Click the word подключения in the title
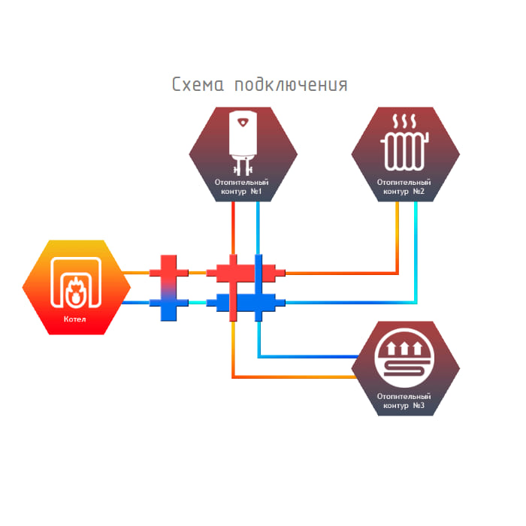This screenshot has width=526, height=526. (x=291, y=85)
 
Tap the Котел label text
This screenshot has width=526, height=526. (x=75, y=319)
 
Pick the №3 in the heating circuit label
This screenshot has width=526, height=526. (x=419, y=406)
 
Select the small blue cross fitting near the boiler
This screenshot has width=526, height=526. (x=168, y=304)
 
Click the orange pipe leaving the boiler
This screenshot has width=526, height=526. (x=139, y=272)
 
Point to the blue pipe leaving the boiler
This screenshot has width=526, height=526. (x=139, y=303)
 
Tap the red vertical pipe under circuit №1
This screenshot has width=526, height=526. (x=234, y=229)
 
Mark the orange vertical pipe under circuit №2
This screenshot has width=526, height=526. (x=398, y=233)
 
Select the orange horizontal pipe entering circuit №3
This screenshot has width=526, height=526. (x=301, y=376)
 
